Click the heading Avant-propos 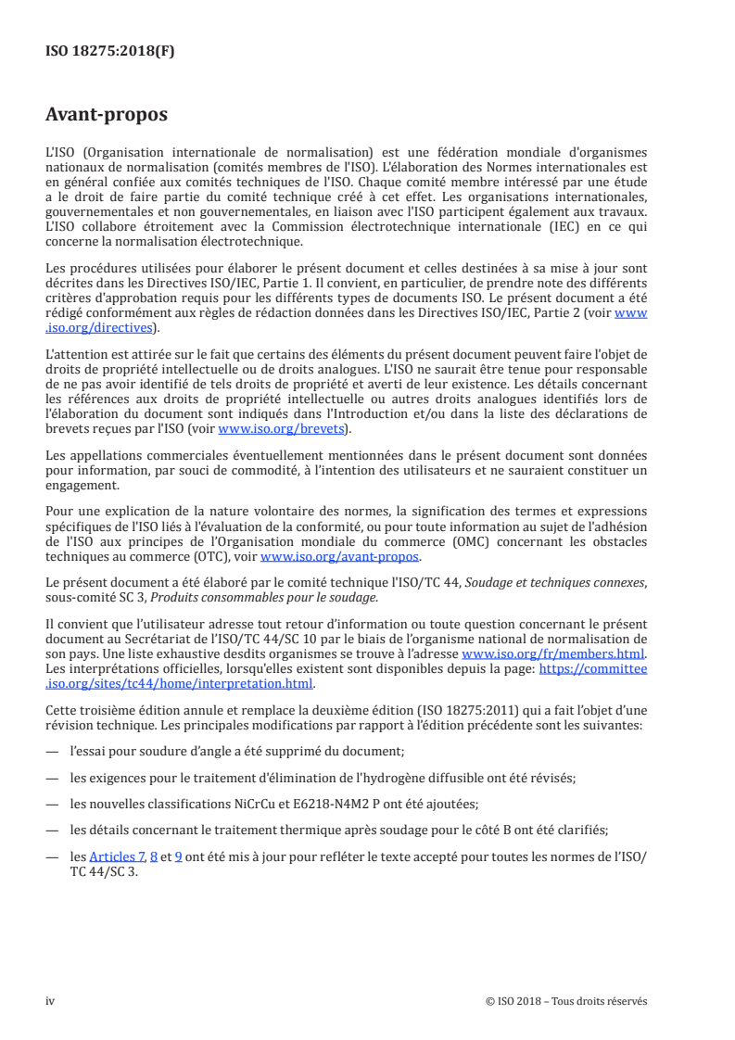[107, 115]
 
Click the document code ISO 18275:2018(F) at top [109, 52]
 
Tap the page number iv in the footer [50, 1001]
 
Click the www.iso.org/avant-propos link [340, 557]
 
